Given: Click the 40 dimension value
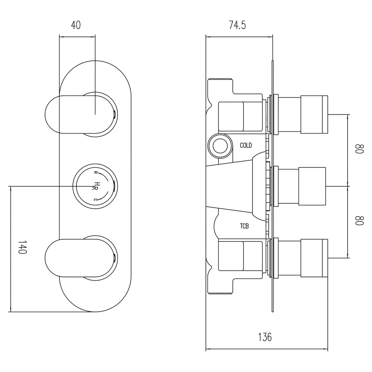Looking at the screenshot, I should [76, 25].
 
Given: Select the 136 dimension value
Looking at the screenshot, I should [265, 337].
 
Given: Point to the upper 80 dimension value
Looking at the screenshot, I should [359, 149].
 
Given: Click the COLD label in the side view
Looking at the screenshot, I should [246, 145].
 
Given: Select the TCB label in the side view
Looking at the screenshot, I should [244, 226].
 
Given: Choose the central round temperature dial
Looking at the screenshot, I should [94, 186].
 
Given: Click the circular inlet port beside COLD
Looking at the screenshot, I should [219, 145].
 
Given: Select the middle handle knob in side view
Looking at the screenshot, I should [313, 186].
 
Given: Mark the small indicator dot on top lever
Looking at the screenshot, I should [114, 114].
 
